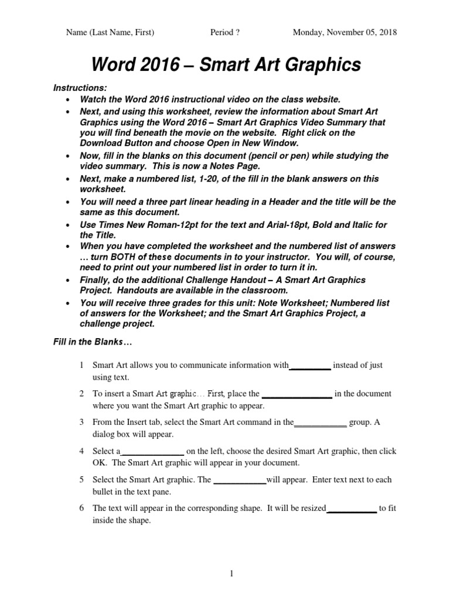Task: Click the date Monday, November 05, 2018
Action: coord(345,32)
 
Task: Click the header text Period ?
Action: coord(225,32)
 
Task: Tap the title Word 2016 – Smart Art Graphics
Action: coord(225,65)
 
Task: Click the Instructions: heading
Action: coord(80,87)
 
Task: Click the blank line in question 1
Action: coord(311,366)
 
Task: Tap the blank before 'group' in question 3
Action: coord(320,423)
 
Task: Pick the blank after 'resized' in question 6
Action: coord(351,509)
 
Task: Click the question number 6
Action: coord(81,508)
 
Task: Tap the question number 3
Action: coord(81,422)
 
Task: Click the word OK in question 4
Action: coord(99,463)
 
